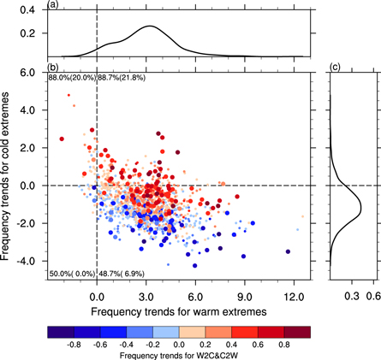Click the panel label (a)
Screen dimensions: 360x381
click(x=53, y=5)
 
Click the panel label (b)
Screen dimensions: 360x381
click(x=53, y=67)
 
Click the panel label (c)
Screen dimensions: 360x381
click(x=335, y=67)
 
